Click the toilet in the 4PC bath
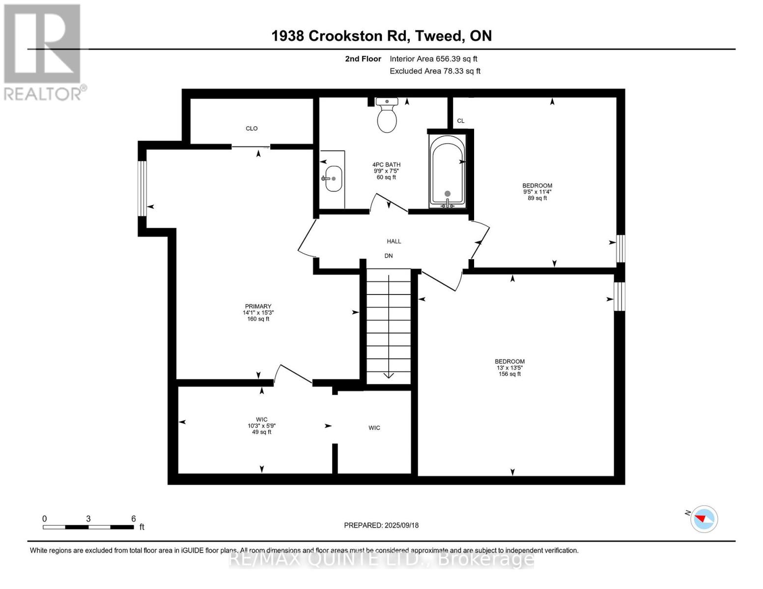coord(387,116)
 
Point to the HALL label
coord(394,241)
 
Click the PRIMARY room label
coord(258,307)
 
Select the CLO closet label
coord(252,129)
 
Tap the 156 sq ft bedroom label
coord(509,368)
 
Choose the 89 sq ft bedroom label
coord(537,192)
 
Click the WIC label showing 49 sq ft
coord(261,426)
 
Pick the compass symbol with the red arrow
coord(704,519)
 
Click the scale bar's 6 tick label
coord(133,518)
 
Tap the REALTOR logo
coord(43,52)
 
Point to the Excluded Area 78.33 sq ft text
coord(435,71)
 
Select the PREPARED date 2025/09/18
coord(381,525)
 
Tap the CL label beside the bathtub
coord(460,121)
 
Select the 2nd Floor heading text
coord(363,59)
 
